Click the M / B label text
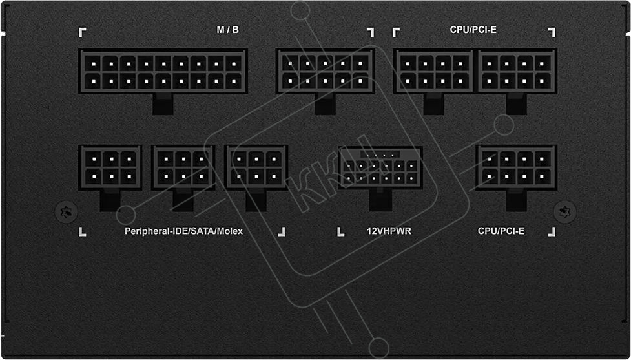coord(227,30)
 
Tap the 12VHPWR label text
coord(380,231)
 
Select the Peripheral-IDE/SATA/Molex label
coord(184,231)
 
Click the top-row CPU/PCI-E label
coord(473,30)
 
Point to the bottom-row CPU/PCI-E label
coord(501,231)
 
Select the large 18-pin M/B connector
coord(163,71)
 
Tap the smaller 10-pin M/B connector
coord(325,71)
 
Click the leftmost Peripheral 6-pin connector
coord(110,167)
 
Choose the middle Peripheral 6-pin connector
coord(183,167)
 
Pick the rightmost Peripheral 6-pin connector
coord(256,167)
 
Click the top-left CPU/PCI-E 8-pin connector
coord(434,71)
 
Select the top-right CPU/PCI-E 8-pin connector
coord(517,71)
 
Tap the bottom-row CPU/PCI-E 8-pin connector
coord(516,167)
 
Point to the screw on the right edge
coord(565,211)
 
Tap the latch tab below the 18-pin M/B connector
coord(163,104)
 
